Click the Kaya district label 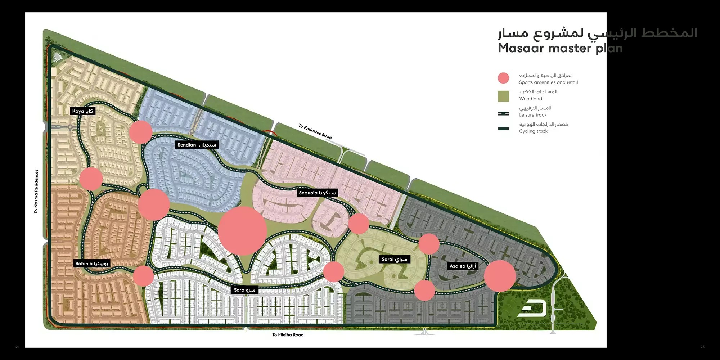tap(82, 111)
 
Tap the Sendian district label tap(197, 145)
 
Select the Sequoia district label tap(317, 193)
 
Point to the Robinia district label tap(91, 264)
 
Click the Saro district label tap(244, 290)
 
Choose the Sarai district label tap(394, 259)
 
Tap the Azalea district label tap(463, 266)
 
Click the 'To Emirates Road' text tap(315, 131)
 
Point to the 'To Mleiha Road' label tap(288, 335)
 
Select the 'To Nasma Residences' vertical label tap(36, 191)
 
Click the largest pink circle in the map tap(242, 231)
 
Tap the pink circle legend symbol tap(503, 78)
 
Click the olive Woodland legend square tap(503, 96)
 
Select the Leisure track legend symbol tap(503, 114)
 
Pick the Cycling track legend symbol tap(503, 129)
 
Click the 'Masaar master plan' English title tap(560, 48)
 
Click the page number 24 tap(18, 347)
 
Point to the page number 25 tap(702, 347)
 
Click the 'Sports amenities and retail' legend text tap(548, 82)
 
